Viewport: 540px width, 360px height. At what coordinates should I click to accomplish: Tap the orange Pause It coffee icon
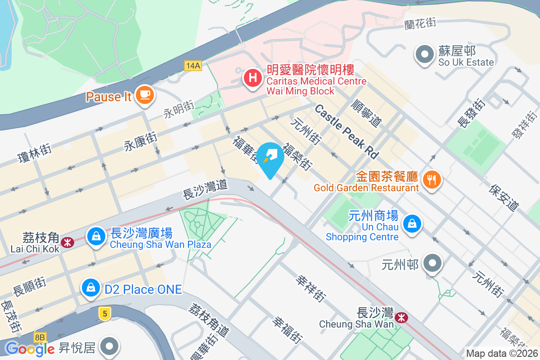point(144,95)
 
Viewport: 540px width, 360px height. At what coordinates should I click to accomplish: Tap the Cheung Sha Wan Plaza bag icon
point(96,236)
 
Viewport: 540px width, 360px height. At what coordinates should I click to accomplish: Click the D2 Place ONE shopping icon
point(91,288)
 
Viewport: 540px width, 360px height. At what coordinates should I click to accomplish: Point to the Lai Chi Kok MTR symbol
point(67,242)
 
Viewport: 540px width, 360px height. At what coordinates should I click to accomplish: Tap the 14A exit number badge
point(193,66)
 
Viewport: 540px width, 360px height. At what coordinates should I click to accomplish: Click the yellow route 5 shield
point(104,314)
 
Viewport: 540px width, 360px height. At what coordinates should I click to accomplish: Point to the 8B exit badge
point(40,337)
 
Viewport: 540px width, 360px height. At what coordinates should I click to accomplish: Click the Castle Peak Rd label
point(346,131)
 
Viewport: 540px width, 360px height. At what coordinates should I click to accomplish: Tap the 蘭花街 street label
point(420,22)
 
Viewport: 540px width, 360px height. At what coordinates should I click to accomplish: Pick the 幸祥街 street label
point(310,288)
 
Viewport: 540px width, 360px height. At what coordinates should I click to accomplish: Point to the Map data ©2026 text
point(502,353)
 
